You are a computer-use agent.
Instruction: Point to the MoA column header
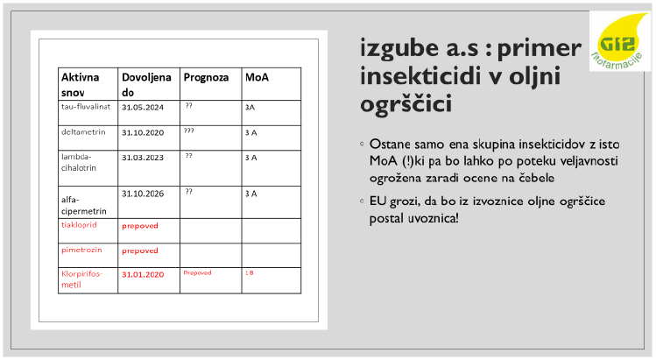coord(257,77)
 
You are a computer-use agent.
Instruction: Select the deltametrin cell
coord(83,132)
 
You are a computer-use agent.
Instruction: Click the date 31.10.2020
coord(143,132)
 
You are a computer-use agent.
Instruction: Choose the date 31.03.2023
coord(143,158)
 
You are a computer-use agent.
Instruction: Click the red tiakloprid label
coord(79,225)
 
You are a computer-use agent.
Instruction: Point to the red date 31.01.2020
coord(143,274)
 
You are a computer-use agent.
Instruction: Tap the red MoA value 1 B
coord(250,273)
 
